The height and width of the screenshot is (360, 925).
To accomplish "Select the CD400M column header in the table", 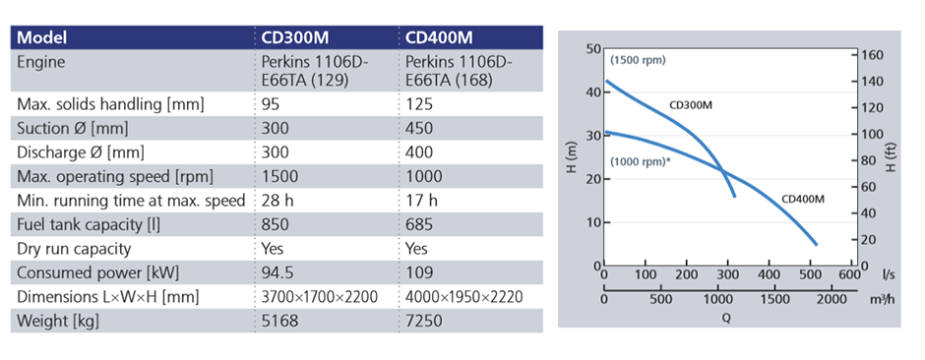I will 440,38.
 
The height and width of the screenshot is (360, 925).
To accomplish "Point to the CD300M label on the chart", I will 691,104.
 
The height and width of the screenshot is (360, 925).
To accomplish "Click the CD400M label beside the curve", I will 802,199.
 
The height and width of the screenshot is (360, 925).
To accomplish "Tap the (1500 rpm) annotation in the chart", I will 638,60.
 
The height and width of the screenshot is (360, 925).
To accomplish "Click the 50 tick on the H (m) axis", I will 592,48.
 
